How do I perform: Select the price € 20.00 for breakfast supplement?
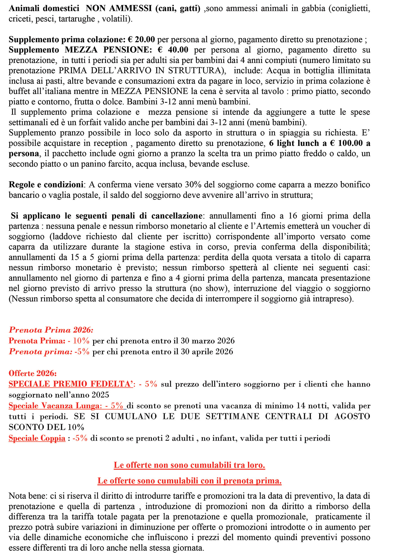[x=141, y=40]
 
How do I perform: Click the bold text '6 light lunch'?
[x=294, y=143]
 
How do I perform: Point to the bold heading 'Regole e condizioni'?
[x=46, y=185]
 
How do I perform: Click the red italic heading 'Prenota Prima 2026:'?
[x=51, y=330]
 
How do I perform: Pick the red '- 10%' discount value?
[x=79, y=341]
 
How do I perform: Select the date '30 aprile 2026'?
[x=207, y=352]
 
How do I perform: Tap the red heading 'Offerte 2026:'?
[x=33, y=373]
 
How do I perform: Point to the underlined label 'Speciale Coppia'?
[x=37, y=438]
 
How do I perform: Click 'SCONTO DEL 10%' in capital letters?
[x=46, y=427]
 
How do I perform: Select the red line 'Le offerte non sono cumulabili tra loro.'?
[x=189, y=465]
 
